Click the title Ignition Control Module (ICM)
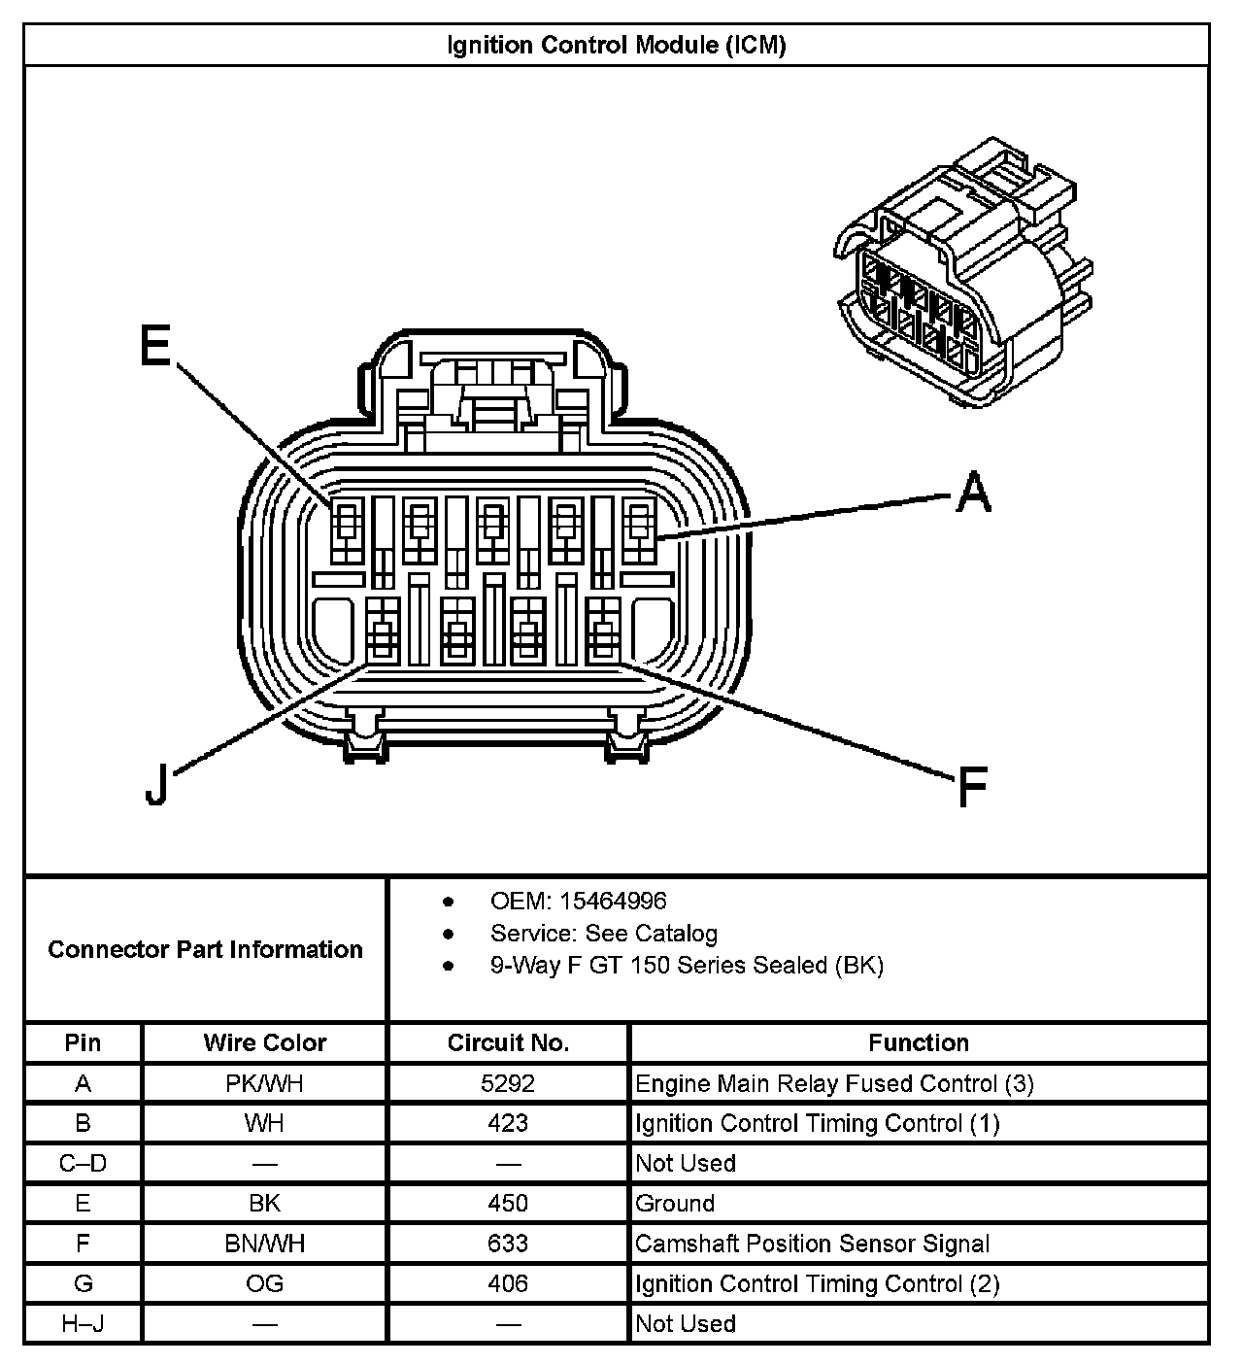pos(616,45)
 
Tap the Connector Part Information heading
pos(205,949)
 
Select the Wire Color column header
pos(264,1043)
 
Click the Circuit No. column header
pos(508,1043)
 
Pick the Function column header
pos(918,1043)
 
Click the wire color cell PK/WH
pos(264,1083)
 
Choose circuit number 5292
pos(508,1083)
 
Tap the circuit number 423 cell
pos(508,1123)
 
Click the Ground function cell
pos(675,1204)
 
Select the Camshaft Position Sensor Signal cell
pos(812,1244)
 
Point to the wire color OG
pos(264,1283)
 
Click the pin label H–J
pos(84,1323)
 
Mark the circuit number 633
pos(508,1244)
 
